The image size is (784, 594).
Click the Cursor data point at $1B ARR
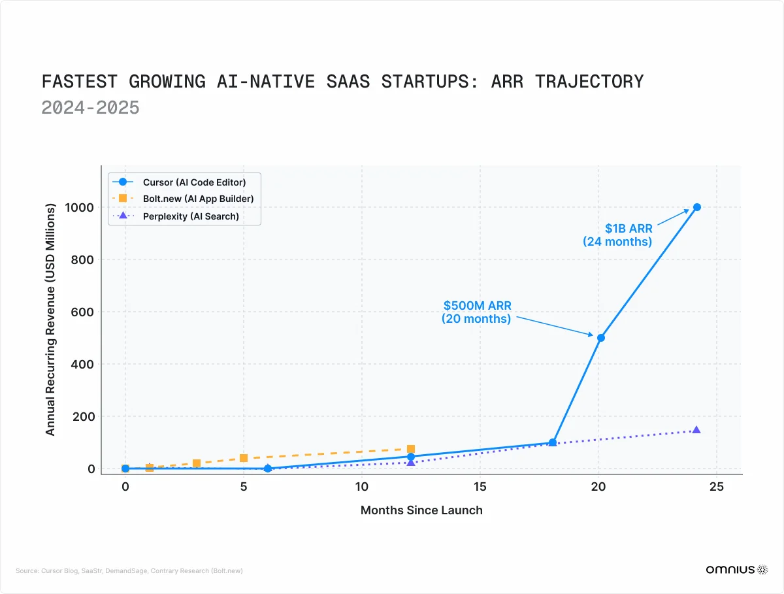pos(696,207)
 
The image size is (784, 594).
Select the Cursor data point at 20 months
pos(600,338)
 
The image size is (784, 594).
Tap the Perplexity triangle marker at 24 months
pos(696,430)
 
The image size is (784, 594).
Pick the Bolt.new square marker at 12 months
pos(411,450)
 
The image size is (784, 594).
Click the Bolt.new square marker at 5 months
pos(244,458)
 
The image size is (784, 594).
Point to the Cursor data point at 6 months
pos(268,469)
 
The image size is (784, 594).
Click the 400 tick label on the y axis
pos(83,365)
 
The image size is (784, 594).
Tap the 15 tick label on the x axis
pos(480,487)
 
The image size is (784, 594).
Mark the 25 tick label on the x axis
pos(717,487)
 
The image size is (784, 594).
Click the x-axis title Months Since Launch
pos(421,510)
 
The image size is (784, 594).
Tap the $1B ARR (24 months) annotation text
pos(617,235)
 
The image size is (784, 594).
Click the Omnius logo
pos(736,570)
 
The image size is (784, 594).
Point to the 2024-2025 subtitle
pos(90,107)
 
